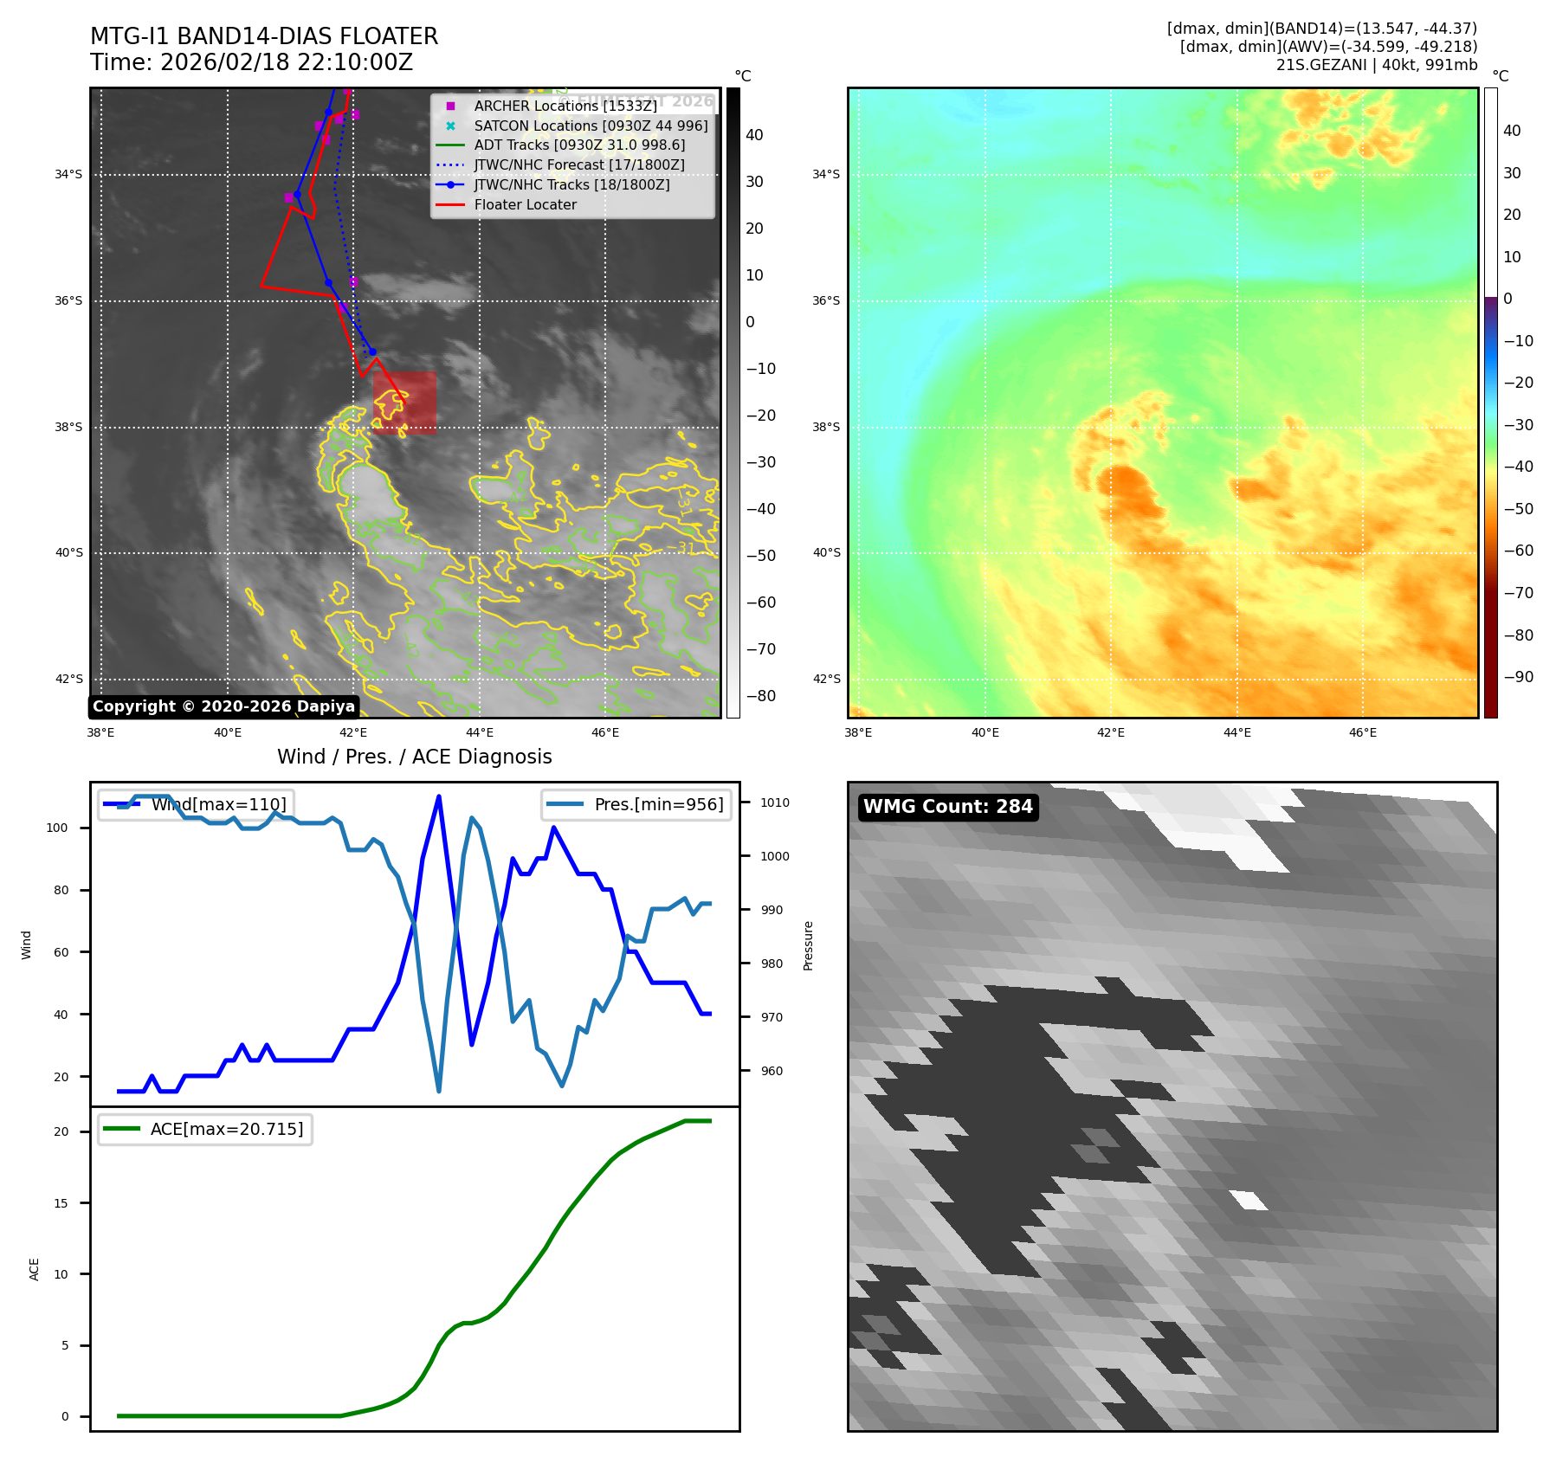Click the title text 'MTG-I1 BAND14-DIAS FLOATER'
264,36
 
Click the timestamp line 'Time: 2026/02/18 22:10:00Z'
251,62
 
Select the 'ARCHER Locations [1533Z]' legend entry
565,106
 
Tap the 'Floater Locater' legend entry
525,204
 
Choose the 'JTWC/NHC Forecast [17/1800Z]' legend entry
578,164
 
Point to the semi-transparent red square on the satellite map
404,402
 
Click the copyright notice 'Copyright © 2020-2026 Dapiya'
223,706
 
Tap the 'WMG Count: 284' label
947,807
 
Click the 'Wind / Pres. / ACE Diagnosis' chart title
414,757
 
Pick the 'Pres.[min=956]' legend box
636,804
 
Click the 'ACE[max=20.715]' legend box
205,1129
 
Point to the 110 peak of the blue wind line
439,796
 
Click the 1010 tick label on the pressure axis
775,802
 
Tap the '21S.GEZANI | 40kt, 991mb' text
1376,65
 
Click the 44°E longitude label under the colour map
1236,732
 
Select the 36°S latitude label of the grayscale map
68,300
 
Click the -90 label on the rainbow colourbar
1518,677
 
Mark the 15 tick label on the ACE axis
61,1202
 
